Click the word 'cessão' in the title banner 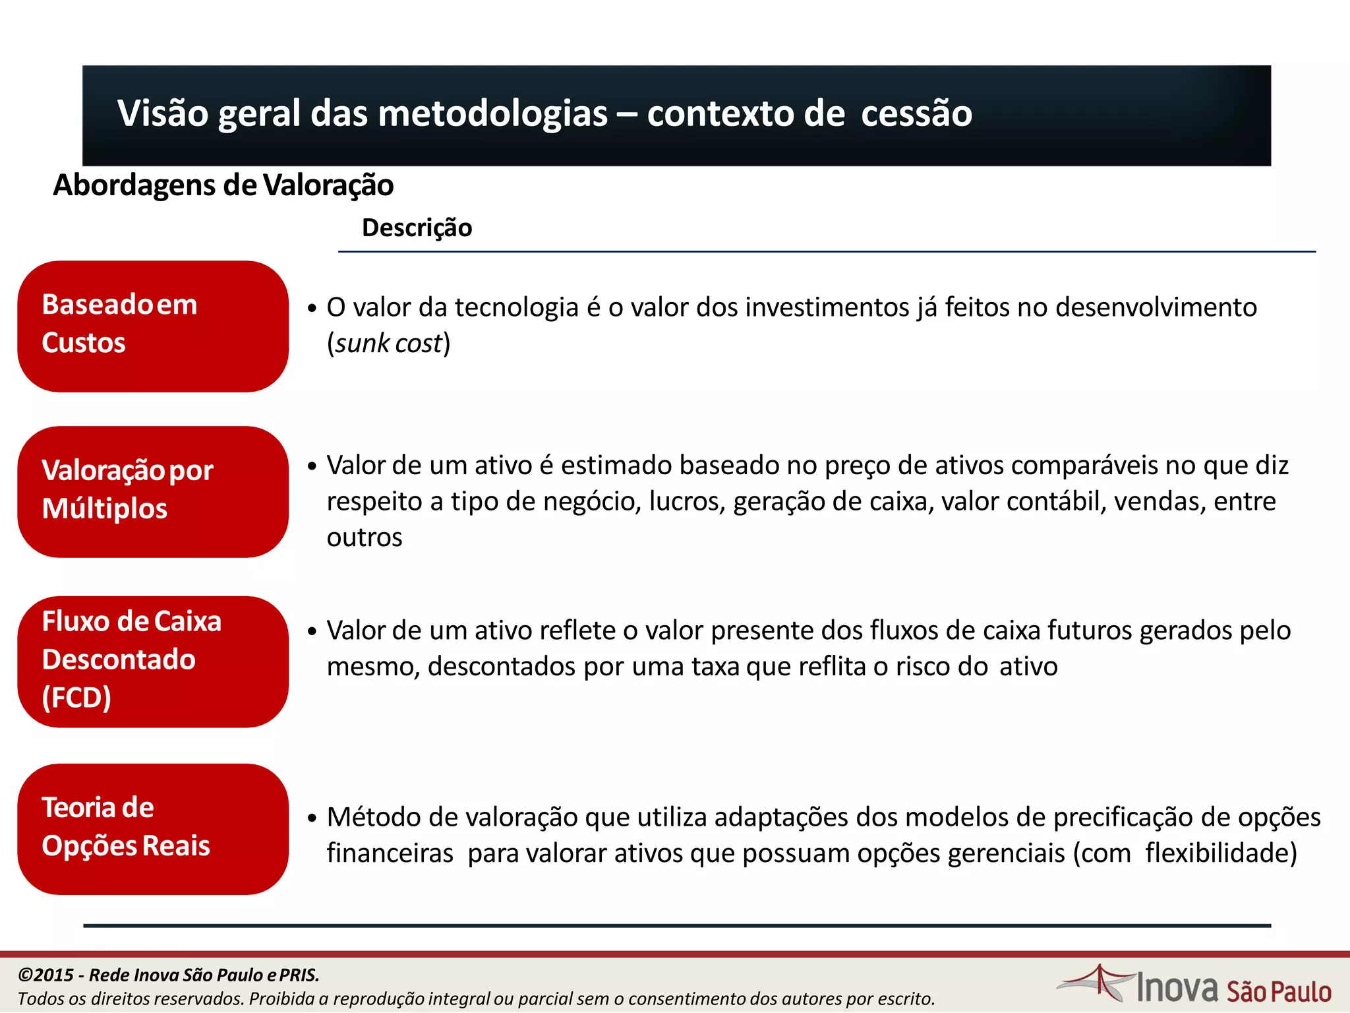(916, 113)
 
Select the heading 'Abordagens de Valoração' (223, 185)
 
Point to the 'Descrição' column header (417, 228)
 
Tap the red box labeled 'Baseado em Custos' (153, 326)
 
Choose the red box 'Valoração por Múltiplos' (153, 492)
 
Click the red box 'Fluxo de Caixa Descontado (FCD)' (153, 661)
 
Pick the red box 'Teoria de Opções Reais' (153, 829)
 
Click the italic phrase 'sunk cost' (388, 344)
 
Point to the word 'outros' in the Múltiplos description (365, 537)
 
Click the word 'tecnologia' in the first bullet (517, 308)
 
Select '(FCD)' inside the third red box (76, 698)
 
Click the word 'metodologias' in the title (493, 113)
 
